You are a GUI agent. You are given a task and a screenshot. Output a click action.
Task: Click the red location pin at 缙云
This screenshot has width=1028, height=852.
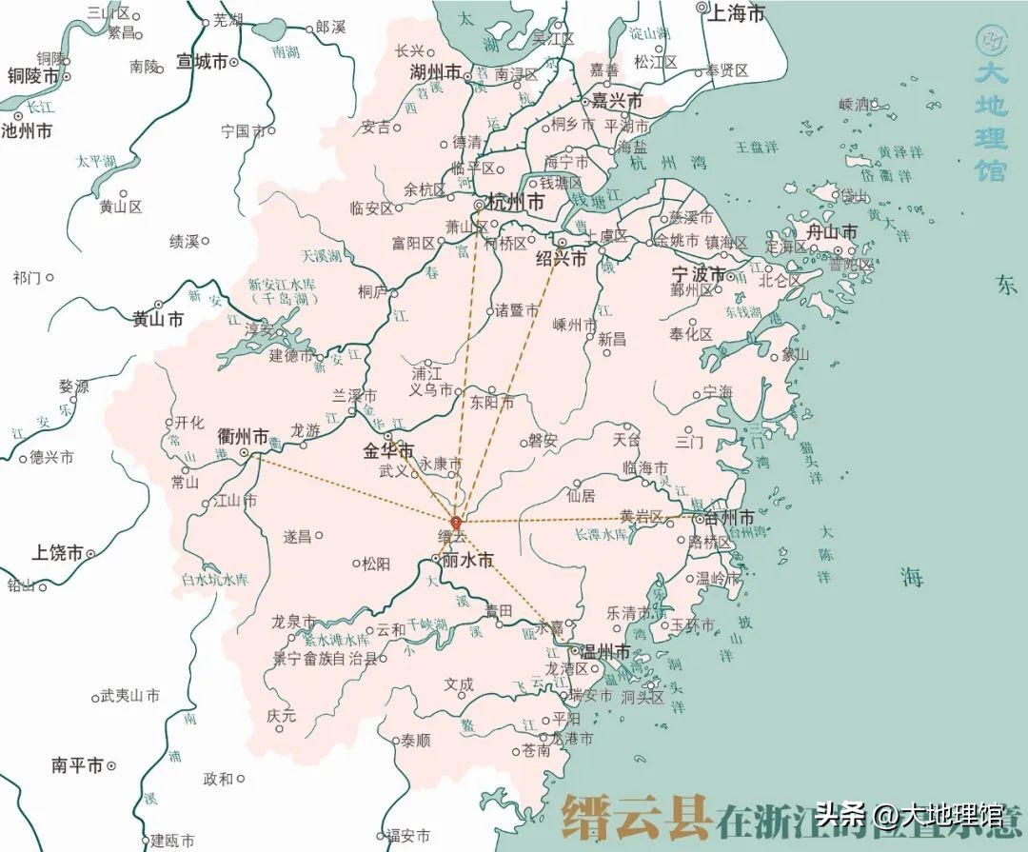tap(456, 523)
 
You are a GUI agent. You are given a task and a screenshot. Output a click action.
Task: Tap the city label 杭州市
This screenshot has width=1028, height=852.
tap(515, 203)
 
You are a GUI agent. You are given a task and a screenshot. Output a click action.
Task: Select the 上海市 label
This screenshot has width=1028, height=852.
tap(738, 13)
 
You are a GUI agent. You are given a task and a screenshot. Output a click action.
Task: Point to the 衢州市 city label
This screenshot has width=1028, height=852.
tap(244, 437)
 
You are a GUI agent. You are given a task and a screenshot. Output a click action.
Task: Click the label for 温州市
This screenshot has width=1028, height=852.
tap(605, 652)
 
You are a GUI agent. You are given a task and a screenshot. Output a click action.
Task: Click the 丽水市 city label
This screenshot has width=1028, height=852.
tap(467, 561)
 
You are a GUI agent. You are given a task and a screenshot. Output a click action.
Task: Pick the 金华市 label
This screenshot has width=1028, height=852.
tap(388, 450)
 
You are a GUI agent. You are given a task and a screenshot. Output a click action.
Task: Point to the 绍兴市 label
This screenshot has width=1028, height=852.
tap(562, 258)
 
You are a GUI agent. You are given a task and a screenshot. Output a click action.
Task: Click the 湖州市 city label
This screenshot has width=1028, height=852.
tap(435, 72)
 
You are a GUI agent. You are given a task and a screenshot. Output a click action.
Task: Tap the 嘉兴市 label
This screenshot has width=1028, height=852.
tap(616, 100)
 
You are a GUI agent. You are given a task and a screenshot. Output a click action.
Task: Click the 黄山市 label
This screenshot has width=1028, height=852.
tap(158, 320)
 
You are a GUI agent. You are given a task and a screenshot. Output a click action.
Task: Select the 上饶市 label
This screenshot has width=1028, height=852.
tap(57, 552)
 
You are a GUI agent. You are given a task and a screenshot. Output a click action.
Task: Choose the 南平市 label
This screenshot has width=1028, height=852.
tap(77, 765)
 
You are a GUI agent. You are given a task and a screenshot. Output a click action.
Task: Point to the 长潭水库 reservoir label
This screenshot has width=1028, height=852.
tap(601, 535)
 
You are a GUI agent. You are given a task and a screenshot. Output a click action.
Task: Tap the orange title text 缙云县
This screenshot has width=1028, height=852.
tap(636, 816)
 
